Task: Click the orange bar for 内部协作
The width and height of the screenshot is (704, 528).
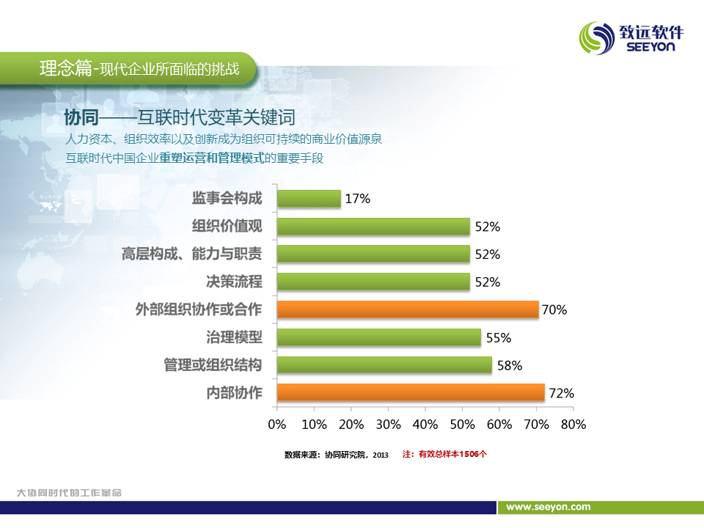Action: [411, 392]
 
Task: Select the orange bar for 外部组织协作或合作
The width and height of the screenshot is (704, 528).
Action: [408, 309]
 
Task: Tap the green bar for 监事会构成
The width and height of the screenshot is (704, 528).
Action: [309, 199]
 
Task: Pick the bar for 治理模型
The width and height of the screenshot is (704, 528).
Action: [378, 337]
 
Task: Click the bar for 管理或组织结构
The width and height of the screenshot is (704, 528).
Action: [384, 365]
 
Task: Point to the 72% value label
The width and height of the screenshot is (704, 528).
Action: [562, 393]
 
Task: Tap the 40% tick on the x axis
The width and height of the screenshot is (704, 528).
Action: [425, 425]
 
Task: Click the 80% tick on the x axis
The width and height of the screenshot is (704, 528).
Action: [573, 425]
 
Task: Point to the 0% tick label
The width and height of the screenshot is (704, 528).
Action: [277, 425]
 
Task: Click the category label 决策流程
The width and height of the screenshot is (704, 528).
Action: [235, 282]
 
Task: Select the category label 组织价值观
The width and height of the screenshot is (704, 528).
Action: [227, 227]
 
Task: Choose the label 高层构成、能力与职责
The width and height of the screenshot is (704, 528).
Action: [192, 254]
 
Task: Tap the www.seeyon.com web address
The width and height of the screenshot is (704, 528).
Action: [549, 507]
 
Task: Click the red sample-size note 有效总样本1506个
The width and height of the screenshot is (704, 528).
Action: [452, 454]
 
